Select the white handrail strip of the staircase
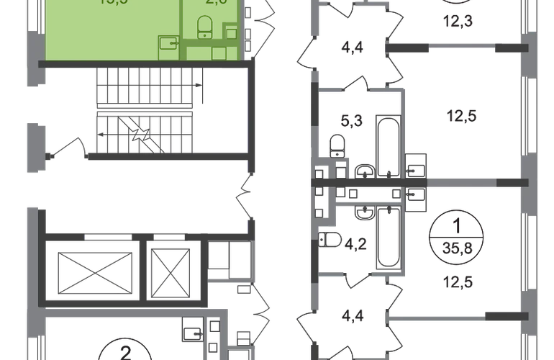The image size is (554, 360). point(145,110)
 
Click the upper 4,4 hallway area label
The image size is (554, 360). point(352,50)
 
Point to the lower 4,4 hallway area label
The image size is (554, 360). point(351,314)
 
